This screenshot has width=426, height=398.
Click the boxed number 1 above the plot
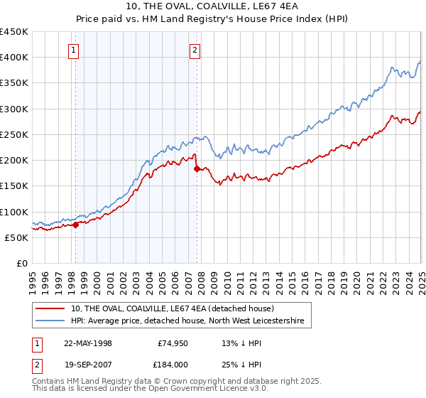click(x=75, y=50)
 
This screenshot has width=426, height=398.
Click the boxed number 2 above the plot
click(x=195, y=50)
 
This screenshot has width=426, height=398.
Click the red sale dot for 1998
click(x=76, y=225)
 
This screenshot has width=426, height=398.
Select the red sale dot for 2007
click(x=197, y=168)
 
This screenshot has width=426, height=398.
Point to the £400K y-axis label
click(x=13, y=58)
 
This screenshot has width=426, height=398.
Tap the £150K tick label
click(x=13, y=186)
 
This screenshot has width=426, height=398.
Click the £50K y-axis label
click(x=16, y=237)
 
